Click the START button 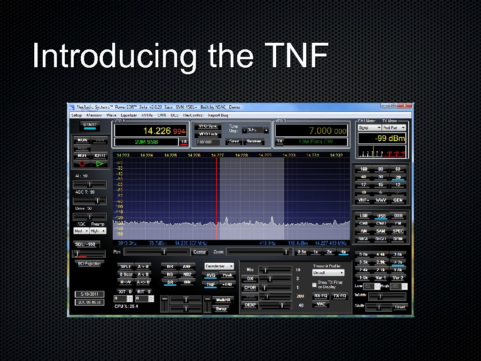click(x=90, y=126)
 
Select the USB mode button click(x=381, y=216)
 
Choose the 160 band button click(x=364, y=169)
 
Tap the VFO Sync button click(x=208, y=126)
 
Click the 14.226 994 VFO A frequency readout click(x=164, y=131)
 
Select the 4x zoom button click(x=343, y=252)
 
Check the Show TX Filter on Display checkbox click(x=315, y=284)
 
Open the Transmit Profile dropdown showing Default click(x=328, y=273)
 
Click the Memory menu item click(x=94, y=115)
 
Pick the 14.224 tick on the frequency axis click(x=147, y=155)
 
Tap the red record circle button click(x=82, y=164)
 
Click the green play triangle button click(x=99, y=164)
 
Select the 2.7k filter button click(x=398, y=262)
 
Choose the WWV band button click(x=380, y=200)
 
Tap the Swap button click(x=221, y=309)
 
